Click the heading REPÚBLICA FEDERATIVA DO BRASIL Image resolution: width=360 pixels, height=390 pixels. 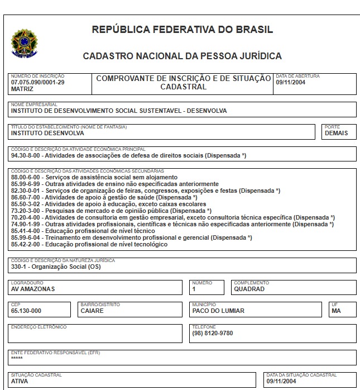182,30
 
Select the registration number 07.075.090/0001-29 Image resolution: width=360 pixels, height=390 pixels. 37,82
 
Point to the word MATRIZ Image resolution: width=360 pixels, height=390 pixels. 22,89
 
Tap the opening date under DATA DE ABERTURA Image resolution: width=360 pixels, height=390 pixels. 290,82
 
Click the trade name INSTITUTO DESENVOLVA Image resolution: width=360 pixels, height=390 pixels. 47,134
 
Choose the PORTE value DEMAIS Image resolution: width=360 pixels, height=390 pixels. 336,134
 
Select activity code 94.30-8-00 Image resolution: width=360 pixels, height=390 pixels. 28,155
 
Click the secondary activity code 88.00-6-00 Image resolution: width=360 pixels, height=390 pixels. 28,177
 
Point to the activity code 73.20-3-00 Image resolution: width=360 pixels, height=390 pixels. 28,211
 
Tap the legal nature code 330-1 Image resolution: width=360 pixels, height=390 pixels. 20,267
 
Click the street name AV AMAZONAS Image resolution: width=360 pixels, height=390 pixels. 33,289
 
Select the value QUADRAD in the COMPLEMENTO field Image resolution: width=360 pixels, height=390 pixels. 249,289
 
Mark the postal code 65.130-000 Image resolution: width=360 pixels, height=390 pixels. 26,311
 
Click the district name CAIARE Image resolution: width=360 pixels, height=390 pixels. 92,311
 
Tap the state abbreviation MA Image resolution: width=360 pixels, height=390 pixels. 335,311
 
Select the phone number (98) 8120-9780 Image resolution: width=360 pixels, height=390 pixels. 212,334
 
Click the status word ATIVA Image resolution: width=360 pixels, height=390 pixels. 20,382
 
